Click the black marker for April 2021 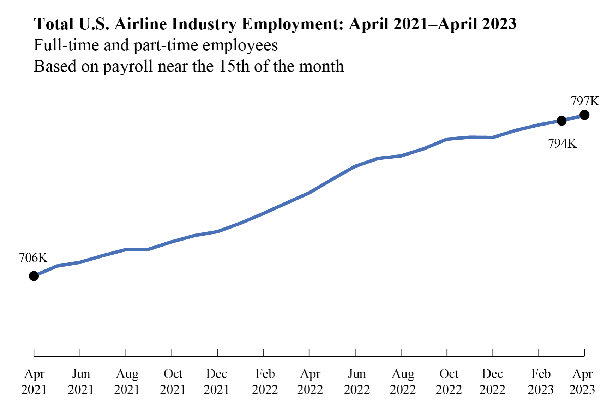point(34,276)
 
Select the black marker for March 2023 point(561,121)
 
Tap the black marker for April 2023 point(584,115)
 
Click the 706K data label point(33,258)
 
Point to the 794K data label point(563,144)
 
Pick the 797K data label point(585,101)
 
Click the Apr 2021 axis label point(34,382)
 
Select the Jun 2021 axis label point(80,382)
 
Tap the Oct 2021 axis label point(173,382)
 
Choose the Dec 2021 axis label point(216,382)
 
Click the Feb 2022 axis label point(265,382)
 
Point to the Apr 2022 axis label point(310,382)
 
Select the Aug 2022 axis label point(403,382)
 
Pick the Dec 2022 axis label point(492,382)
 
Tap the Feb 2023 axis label point(541,382)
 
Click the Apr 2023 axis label point(582,382)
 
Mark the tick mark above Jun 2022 point(355,352)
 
